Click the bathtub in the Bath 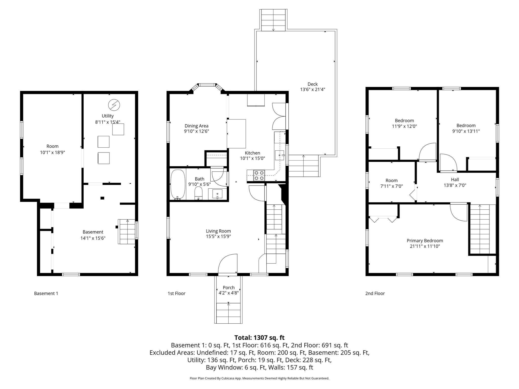tap(177, 184)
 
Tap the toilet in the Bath tap(198, 193)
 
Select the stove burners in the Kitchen tap(259, 175)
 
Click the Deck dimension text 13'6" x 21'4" tap(312, 89)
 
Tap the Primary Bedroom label tap(425, 241)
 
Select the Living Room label tap(218, 231)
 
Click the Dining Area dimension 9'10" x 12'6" tap(196, 131)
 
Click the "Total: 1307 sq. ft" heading tap(259, 338)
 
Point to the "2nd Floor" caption tap(375, 293)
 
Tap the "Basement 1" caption tap(46, 293)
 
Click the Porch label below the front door tap(229, 287)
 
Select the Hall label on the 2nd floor tap(455, 180)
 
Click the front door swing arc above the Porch tap(227, 263)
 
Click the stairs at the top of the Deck tap(274, 20)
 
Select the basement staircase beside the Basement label tap(127, 232)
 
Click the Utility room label tap(107, 116)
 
